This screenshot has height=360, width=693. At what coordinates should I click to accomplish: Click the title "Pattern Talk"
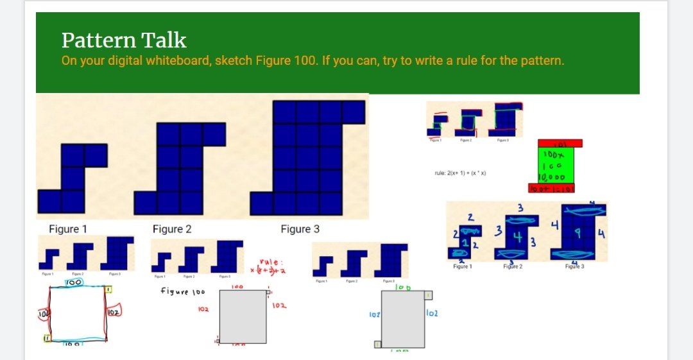click(124, 40)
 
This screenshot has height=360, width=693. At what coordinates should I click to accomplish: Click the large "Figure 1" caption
click(68, 229)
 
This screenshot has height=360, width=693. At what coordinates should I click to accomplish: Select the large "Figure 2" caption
click(172, 229)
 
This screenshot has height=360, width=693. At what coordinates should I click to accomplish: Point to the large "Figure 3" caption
click(300, 229)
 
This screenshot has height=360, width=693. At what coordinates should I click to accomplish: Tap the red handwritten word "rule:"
click(268, 262)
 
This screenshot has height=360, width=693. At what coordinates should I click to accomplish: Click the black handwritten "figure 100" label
click(182, 291)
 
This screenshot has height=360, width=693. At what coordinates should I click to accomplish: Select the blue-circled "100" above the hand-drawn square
click(73, 282)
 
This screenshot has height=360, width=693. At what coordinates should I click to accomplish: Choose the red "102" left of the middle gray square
click(203, 309)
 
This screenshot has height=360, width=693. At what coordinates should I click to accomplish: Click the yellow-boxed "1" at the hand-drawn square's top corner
click(109, 291)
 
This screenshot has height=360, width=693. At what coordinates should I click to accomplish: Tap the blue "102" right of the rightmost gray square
click(432, 314)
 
